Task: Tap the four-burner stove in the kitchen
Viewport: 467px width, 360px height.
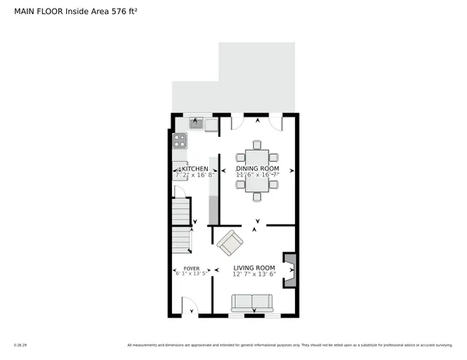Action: point(180,142)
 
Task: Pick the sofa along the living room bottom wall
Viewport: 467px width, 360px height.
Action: point(251,302)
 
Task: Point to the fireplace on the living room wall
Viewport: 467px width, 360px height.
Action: point(290,271)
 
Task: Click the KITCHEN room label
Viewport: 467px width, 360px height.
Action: point(194,169)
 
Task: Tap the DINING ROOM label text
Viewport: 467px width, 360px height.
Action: point(258,169)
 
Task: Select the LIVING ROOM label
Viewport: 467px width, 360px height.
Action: point(255,267)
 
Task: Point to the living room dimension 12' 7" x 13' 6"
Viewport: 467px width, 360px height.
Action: point(255,274)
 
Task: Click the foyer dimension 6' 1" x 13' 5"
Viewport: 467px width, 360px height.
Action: point(191,274)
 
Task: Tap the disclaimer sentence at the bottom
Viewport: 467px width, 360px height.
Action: point(288,344)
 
